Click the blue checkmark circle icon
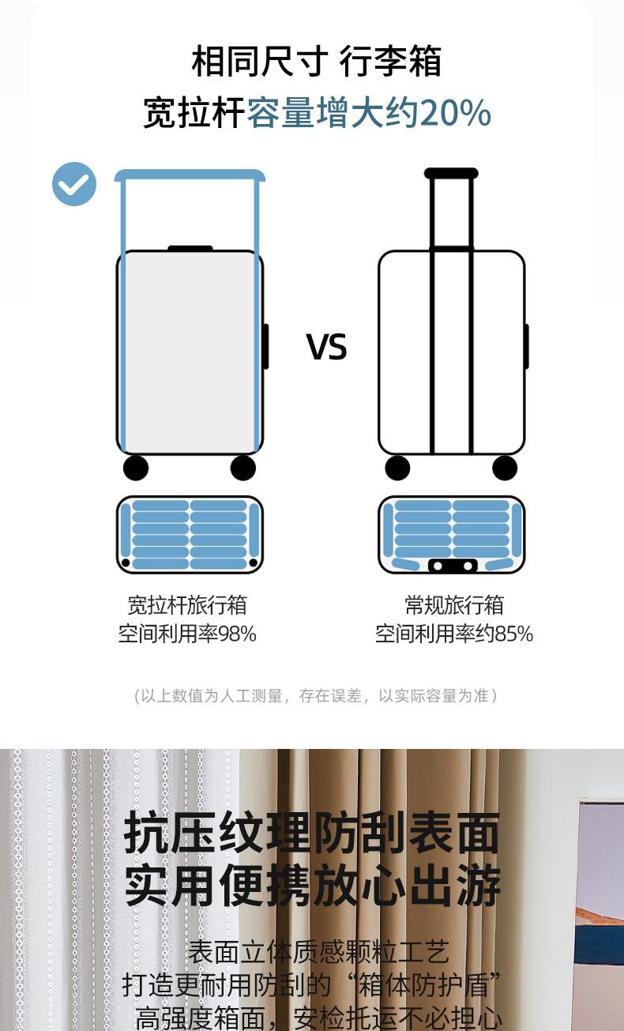coord(74,184)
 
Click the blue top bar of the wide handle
coord(190,175)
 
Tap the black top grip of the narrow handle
coord(451,173)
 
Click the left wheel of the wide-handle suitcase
coord(136,468)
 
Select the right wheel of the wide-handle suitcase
coord(243,468)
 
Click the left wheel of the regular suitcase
coord(397,468)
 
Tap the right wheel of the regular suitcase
coord(505,468)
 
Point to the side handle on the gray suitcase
coord(266,346)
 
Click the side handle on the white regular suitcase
coord(527,346)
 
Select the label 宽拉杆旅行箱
coord(187,605)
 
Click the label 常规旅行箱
coord(454,605)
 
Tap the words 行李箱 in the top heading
coord(390,62)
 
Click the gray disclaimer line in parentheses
coord(315,696)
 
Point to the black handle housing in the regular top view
coord(451,566)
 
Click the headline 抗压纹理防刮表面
coord(312,833)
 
